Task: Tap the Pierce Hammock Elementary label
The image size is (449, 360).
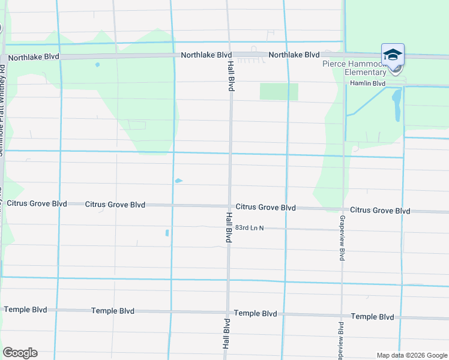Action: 354,68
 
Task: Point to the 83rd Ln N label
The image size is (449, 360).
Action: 250,228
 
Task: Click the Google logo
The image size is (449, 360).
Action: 19,353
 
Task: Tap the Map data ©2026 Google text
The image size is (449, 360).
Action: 411,355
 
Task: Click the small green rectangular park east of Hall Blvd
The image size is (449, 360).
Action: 279,92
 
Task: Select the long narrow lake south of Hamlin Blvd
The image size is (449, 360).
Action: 396,106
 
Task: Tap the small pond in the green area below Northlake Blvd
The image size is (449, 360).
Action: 97,65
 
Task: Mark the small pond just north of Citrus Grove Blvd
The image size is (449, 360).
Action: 178,181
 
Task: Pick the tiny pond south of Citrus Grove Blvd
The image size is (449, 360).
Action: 167,233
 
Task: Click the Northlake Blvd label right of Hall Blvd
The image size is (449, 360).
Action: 294,55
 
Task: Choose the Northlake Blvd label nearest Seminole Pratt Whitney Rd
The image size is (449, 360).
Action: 34,56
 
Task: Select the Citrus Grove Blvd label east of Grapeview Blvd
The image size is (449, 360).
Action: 380,211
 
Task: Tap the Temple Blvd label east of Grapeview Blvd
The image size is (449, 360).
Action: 372,316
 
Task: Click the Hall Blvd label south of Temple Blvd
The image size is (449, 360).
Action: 226,334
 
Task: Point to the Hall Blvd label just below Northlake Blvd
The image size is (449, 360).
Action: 231,76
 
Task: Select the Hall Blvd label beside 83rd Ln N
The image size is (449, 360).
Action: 229,227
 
